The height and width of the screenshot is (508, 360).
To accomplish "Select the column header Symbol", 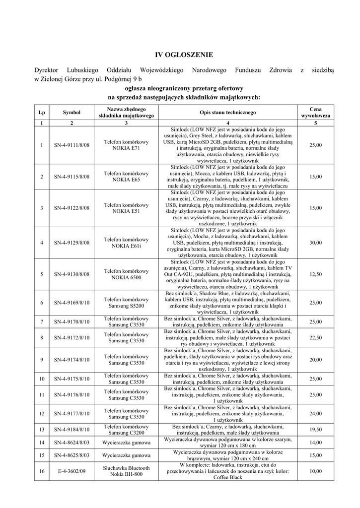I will [72, 113].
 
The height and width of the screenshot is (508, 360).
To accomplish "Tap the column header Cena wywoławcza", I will [316, 113].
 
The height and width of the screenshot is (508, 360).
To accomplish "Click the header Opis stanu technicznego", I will [227, 113].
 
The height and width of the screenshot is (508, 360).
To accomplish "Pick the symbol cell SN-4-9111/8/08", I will [72, 145].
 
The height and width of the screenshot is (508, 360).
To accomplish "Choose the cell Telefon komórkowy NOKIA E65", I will [126, 177].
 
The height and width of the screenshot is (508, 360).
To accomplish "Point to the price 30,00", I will [316, 243].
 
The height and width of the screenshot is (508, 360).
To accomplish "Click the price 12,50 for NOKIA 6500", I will [316, 274].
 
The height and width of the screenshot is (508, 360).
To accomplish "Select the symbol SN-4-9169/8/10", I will [72, 303].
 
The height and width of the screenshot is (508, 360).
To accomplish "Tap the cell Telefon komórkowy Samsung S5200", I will [126, 303].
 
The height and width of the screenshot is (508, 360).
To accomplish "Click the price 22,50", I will [316, 338].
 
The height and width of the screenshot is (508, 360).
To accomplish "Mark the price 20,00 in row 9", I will [316, 360].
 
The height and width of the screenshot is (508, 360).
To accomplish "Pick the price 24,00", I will [316, 413].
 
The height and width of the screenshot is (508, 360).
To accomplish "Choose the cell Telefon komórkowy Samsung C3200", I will [126, 430].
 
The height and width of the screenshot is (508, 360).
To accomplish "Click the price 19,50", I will [316, 430].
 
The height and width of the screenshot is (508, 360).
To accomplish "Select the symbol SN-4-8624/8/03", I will [72, 442].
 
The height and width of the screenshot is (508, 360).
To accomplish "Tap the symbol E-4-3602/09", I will [72, 471].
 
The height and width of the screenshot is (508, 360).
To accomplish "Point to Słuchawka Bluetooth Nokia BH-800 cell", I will [126, 471].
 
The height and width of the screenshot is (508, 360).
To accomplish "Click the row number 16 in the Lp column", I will [42, 471].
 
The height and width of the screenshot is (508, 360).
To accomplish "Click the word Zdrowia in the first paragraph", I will [280, 70].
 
